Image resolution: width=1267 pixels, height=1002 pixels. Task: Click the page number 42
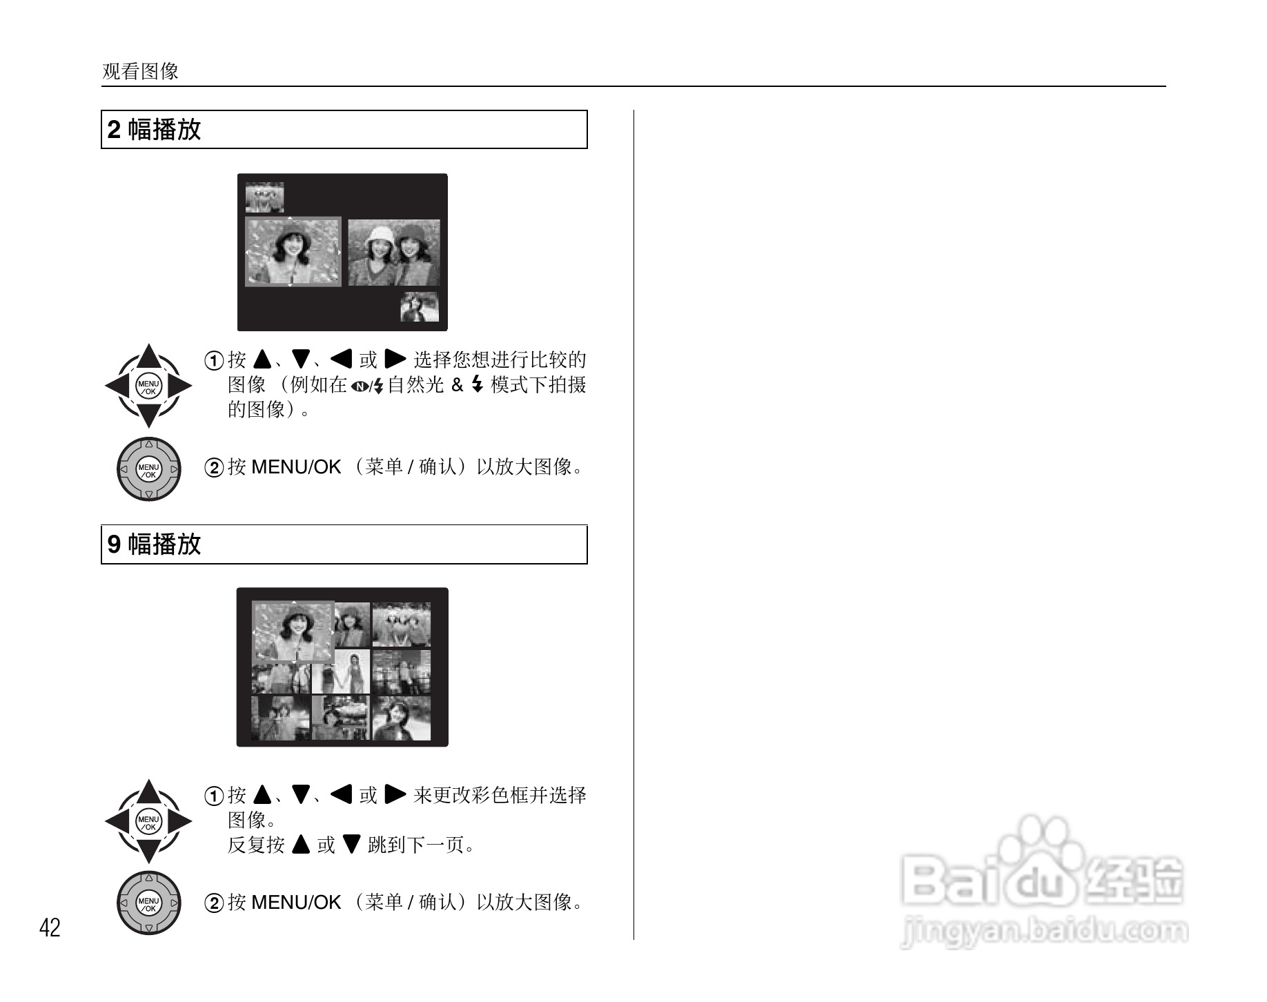(50, 928)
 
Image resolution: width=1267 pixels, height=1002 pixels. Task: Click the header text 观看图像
(140, 71)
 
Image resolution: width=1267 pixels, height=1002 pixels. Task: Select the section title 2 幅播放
(155, 130)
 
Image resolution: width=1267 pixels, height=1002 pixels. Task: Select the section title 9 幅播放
(155, 544)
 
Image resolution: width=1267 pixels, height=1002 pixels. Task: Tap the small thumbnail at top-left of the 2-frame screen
(264, 197)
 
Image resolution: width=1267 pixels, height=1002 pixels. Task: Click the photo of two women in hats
(393, 253)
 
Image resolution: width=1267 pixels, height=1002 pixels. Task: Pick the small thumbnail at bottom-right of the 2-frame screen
(420, 306)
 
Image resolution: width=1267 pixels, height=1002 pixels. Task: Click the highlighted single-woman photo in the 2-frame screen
(293, 252)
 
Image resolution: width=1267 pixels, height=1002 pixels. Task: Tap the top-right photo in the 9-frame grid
(401, 625)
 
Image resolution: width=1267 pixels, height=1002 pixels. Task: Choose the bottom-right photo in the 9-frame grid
(401, 718)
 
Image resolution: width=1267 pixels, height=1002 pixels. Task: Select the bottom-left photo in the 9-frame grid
(280, 718)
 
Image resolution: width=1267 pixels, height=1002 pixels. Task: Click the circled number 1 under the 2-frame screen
(215, 360)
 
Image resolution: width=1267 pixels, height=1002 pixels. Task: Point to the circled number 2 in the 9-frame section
(215, 903)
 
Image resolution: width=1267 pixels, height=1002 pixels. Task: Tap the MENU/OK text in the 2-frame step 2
(296, 467)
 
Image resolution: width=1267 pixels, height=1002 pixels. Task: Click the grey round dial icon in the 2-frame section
(148, 469)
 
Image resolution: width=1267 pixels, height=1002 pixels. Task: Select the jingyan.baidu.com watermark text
(1045, 932)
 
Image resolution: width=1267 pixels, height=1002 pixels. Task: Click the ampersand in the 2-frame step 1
(457, 385)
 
